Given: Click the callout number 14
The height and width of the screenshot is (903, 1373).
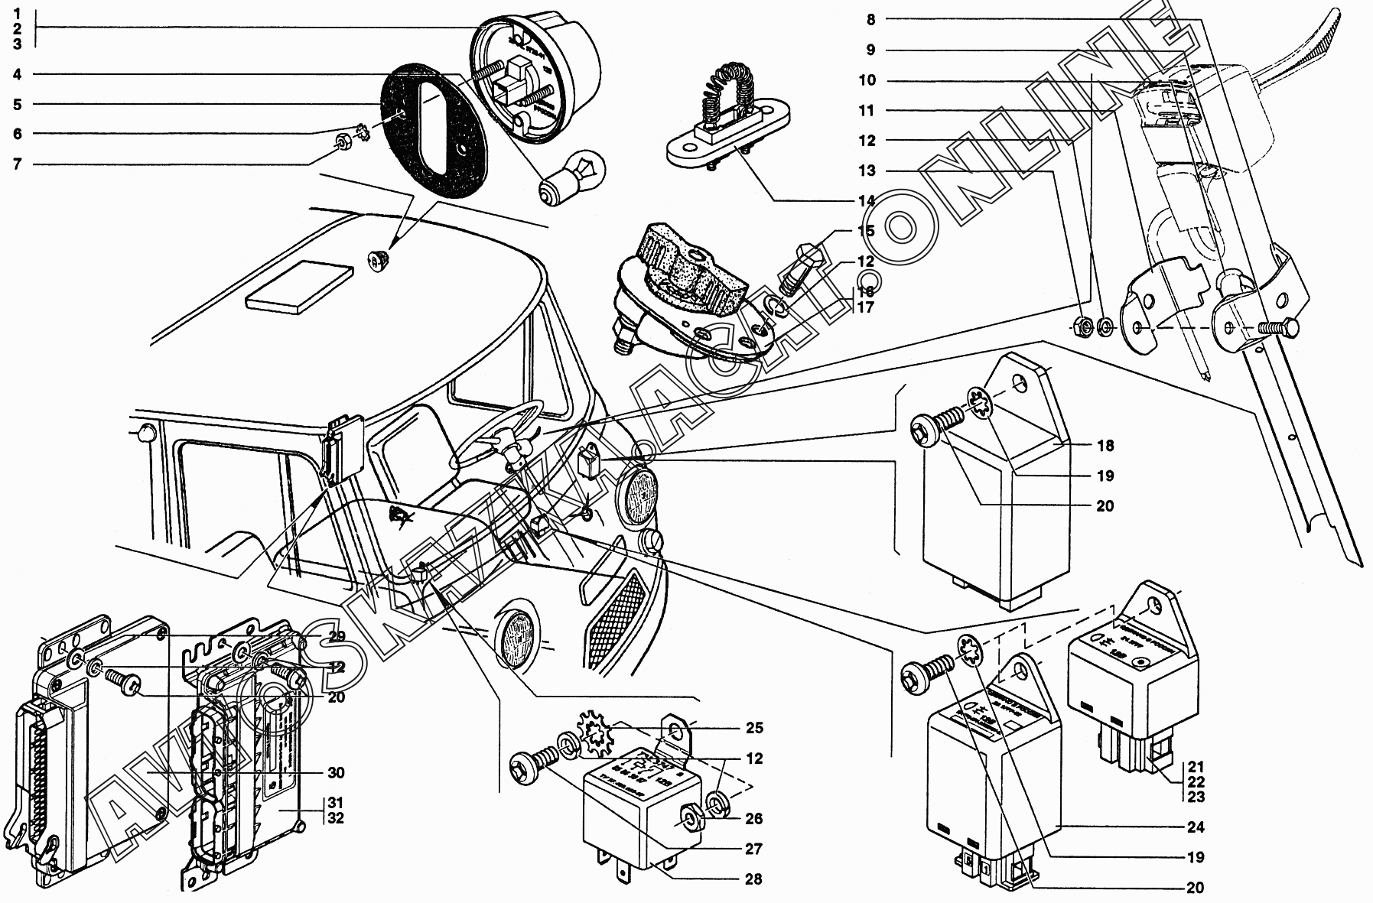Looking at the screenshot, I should (x=865, y=201).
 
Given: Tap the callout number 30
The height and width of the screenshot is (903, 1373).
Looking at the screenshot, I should (x=336, y=773).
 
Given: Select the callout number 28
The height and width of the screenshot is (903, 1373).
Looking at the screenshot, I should (x=753, y=879).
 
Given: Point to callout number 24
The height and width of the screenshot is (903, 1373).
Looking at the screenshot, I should (x=1195, y=827).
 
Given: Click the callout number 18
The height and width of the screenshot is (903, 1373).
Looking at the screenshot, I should (x=1105, y=446).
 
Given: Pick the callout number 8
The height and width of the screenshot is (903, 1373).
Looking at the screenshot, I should (x=870, y=19).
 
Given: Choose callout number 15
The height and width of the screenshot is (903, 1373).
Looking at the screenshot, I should (x=865, y=231).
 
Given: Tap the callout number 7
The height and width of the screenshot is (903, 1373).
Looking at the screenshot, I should (x=17, y=164).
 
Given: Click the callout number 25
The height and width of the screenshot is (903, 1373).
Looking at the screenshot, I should (x=753, y=728).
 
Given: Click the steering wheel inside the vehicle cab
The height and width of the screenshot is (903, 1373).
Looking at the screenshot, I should (x=497, y=432).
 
